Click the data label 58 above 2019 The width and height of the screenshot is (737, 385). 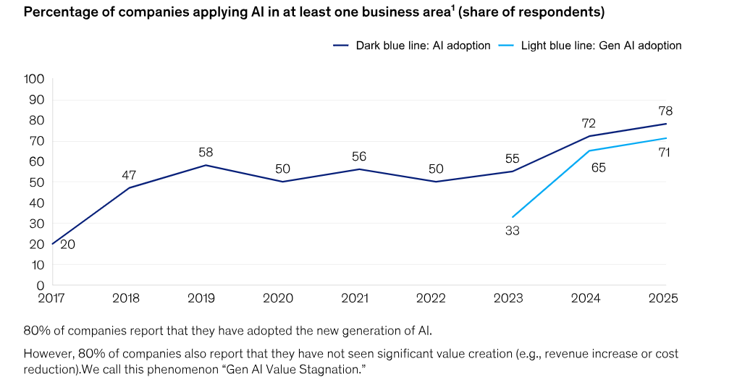206,153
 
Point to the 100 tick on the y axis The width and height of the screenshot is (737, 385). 34,79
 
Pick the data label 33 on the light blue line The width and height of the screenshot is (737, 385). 513,232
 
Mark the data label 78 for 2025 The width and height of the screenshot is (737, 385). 665,111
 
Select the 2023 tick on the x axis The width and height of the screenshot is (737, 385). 512,298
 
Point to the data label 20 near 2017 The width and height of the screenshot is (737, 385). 67,245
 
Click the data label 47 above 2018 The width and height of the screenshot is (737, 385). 129,175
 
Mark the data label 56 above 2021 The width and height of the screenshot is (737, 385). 360,156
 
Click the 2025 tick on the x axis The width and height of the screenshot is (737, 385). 665,298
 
